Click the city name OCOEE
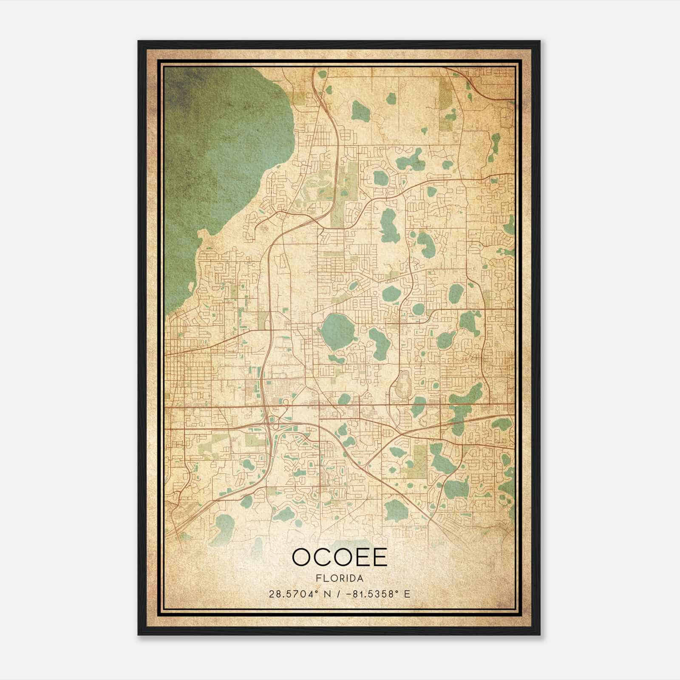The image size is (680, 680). tap(340, 557)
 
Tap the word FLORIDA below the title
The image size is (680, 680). tap(340, 578)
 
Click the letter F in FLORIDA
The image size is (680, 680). tap(318, 578)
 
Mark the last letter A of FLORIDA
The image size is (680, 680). tap(360, 578)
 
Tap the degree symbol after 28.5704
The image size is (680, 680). tap(315, 592)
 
